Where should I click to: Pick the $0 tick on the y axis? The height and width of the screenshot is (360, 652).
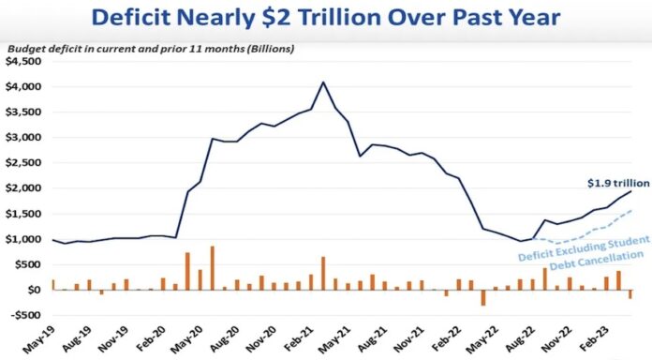point(36,290)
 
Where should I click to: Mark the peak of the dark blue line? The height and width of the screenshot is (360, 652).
point(323,82)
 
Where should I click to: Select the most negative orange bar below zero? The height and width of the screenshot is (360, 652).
point(483,297)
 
